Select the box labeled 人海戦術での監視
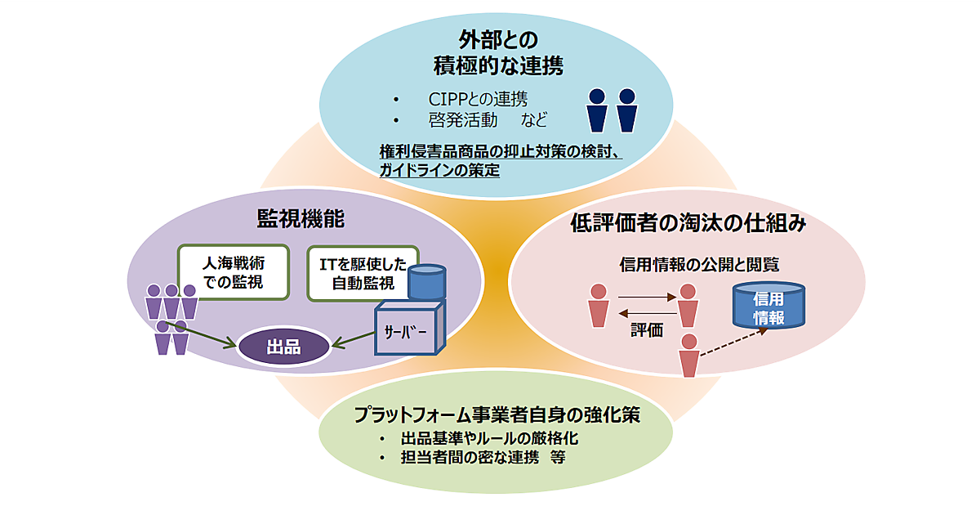234,273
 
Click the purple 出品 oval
283,347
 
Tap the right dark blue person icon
626,110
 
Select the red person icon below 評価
689,355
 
